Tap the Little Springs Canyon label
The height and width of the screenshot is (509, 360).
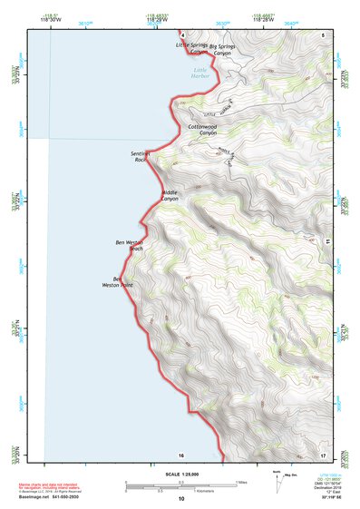(x=192, y=48)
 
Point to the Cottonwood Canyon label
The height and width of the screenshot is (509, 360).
(x=207, y=130)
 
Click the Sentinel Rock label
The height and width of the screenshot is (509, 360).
(x=141, y=157)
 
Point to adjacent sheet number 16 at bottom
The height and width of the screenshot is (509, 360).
(x=180, y=455)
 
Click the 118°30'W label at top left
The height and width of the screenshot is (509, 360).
(x=50, y=17)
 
